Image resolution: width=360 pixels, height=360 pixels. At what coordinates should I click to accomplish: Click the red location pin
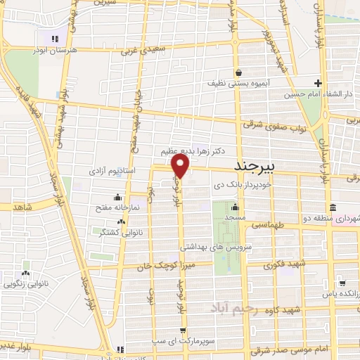pyautogui.click(x=181, y=165)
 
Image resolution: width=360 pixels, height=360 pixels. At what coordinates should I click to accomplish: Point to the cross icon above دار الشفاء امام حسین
pyautogui.click(x=319, y=82)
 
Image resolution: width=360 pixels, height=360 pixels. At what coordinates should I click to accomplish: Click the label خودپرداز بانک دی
pyautogui.click(x=242, y=184)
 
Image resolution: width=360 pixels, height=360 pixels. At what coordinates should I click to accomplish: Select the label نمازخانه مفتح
pyautogui.click(x=118, y=209)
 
